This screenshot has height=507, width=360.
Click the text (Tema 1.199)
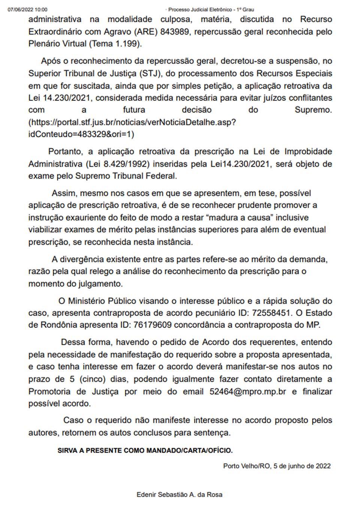pyautogui.click(x=115, y=43)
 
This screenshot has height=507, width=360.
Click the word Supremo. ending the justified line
pyautogui.click(x=313, y=110)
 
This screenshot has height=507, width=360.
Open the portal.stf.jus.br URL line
pyautogui.click(x=132, y=122)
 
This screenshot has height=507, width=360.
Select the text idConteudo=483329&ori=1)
pyautogui.click(x=81, y=134)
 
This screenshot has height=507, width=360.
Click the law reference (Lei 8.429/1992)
pyautogui.click(x=117, y=164)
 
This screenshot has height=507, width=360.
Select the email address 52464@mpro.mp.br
pyautogui.click(x=247, y=391)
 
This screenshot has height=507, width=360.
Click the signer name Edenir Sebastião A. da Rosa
pyautogui.click(x=179, y=495)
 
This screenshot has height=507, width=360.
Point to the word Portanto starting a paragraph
pyautogui.click(x=65, y=151)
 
